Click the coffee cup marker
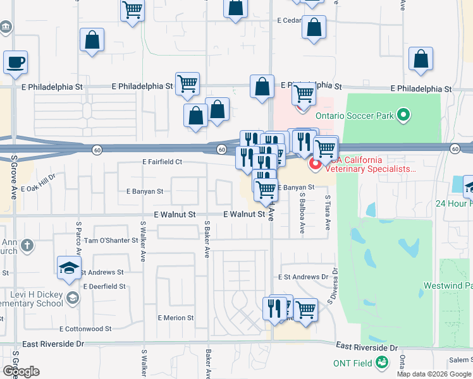[16, 63]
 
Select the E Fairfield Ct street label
[163, 162]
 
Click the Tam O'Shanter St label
[111, 241]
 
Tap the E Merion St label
[176, 318]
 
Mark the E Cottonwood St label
[85, 329]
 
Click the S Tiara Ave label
[328, 212]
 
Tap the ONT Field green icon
[382, 363]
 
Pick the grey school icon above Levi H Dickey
[73, 298]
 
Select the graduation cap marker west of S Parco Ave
[69, 268]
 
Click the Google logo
[20, 371]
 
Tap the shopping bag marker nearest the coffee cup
[92, 40]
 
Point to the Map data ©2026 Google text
[434, 374]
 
